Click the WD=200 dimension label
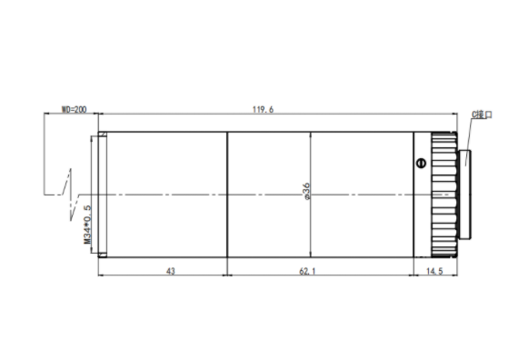pos(74,109)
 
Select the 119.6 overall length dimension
pos(263,109)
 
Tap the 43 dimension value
pos(171,271)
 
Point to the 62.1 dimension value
pos(307,271)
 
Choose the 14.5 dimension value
pos(434,271)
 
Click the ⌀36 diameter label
pos(307,192)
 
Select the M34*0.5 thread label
pos(87,225)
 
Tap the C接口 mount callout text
pos(482,115)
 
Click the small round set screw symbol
pos(421,163)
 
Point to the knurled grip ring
pos(444,195)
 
